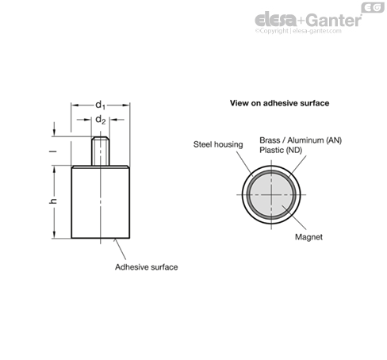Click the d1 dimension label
100,105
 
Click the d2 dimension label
100,120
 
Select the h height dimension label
53,201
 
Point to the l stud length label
53,151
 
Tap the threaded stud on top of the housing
101,151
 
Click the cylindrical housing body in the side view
101,202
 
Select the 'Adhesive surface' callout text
147,267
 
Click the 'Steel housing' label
218,144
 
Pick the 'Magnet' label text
308,237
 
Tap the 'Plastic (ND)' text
281,150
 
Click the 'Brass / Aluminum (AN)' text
301,140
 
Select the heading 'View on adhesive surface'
279,103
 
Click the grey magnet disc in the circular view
271,195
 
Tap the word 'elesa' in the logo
276,20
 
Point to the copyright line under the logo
298,31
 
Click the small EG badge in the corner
373,7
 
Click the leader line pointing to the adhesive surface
120,249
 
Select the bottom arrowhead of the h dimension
54,235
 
